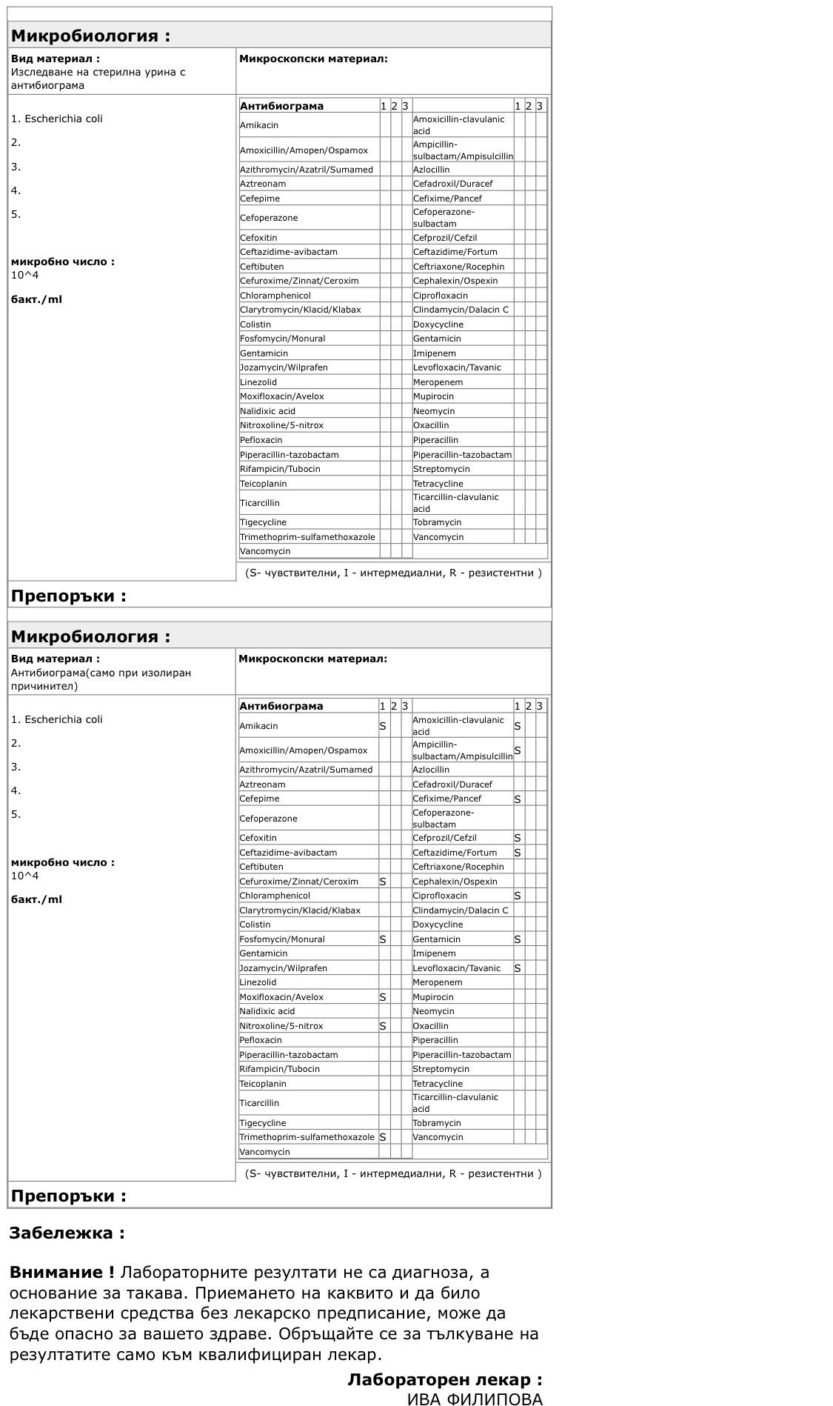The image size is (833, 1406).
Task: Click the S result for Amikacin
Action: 383,726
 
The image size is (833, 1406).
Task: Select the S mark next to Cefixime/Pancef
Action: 518,799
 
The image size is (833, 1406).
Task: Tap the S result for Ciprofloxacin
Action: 518,896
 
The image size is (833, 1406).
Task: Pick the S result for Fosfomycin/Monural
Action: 383,939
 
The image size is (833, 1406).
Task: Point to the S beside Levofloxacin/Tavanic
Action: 518,968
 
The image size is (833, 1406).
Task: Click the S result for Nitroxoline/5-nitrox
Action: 383,1026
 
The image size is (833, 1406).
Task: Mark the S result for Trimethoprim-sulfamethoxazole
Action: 383,1137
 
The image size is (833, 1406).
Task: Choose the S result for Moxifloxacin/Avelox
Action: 383,997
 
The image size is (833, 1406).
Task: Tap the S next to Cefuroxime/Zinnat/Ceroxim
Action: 383,882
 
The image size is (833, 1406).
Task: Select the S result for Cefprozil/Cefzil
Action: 518,838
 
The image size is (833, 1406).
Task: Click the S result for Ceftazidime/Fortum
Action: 518,853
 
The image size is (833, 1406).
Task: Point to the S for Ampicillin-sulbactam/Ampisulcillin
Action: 518,750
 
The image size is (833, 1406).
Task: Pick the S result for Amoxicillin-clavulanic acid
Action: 518,726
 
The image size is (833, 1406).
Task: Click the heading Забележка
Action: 66,1233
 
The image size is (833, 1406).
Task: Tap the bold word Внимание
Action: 61,1273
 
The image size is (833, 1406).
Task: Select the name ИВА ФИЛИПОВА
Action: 475,1399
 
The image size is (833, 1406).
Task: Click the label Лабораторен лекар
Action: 444,1379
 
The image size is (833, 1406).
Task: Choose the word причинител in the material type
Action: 44,686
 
